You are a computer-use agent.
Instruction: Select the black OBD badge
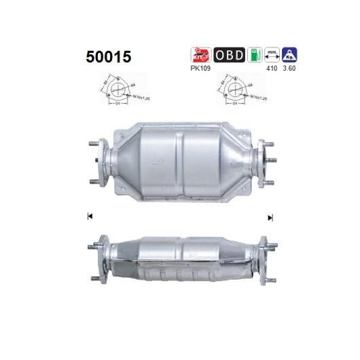(229, 54)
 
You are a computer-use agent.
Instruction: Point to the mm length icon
(273, 54)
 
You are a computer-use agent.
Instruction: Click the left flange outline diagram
(118, 92)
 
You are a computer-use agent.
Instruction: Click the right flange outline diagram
(230, 92)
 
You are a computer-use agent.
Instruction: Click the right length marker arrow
(270, 217)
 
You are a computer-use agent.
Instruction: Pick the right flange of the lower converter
(262, 253)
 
